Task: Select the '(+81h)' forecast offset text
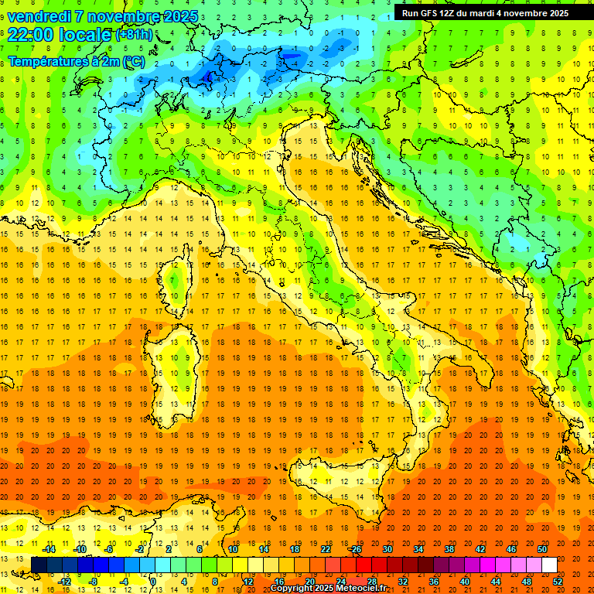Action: pos(134,35)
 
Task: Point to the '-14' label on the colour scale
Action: pos(49,549)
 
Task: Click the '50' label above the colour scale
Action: pos(542,549)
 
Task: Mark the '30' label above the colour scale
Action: pos(387,549)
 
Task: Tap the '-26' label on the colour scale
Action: pos(354,549)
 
